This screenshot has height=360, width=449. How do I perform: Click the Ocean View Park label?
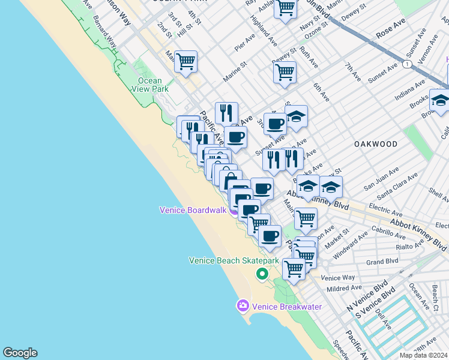point(149,85)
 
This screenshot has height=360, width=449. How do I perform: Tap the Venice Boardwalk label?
point(193,210)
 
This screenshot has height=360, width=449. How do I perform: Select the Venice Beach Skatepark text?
point(234,260)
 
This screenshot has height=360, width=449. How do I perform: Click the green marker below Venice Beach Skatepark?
point(262,274)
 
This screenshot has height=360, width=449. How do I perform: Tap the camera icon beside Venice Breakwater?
point(243,306)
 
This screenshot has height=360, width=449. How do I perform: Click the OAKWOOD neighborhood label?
point(376,144)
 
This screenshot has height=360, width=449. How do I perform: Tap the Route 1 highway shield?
point(408,64)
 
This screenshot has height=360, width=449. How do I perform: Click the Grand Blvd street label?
point(382,262)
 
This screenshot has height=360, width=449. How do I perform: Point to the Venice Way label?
point(338,278)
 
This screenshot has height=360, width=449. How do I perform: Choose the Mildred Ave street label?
point(345,289)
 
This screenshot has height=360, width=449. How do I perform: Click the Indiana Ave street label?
point(409,91)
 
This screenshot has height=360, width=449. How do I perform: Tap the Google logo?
point(20,353)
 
